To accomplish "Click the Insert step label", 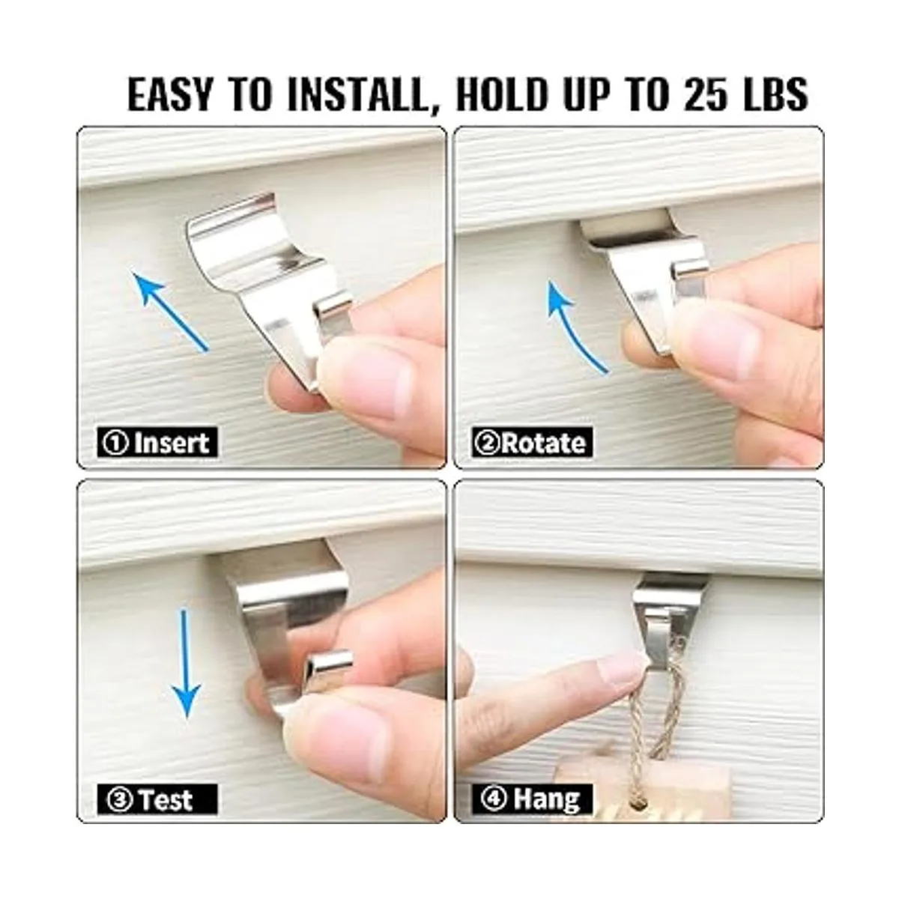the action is point(157,442).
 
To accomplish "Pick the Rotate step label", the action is point(533,442).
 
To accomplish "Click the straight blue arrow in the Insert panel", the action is point(171,309).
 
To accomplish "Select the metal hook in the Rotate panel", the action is point(649,280).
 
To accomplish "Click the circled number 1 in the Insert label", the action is point(115,443).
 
